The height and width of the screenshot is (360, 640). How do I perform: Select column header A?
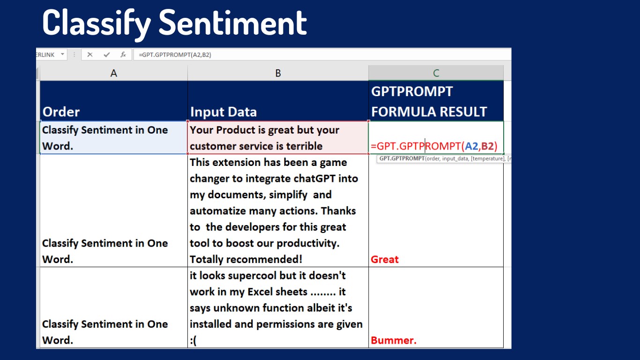pos(114,73)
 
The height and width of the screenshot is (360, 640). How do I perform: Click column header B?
pos(278,73)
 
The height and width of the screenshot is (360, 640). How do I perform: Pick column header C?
pos(436,73)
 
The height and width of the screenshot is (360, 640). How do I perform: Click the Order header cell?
pos(114,101)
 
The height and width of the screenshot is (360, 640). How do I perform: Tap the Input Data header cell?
pos(278,101)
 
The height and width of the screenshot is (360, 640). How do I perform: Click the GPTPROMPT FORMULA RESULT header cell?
pos(436,101)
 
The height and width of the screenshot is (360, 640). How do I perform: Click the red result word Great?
pos(385,259)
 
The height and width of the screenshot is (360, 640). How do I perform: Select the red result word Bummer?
pos(394,340)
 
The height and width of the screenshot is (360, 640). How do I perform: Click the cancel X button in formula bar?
pos(89,55)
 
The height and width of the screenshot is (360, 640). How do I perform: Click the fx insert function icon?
pos(123,55)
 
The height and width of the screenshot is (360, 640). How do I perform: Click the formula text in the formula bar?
pos(175,55)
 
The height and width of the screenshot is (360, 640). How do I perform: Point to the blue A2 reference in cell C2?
pos(471,146)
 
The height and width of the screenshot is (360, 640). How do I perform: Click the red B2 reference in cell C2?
pos(488,146)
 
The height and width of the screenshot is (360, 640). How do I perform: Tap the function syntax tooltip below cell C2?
pos(444,159)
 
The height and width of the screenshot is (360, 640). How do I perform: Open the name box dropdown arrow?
pos(62,54)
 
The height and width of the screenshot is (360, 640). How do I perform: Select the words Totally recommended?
pos(246,259)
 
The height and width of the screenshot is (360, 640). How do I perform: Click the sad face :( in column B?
pos(193,341)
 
